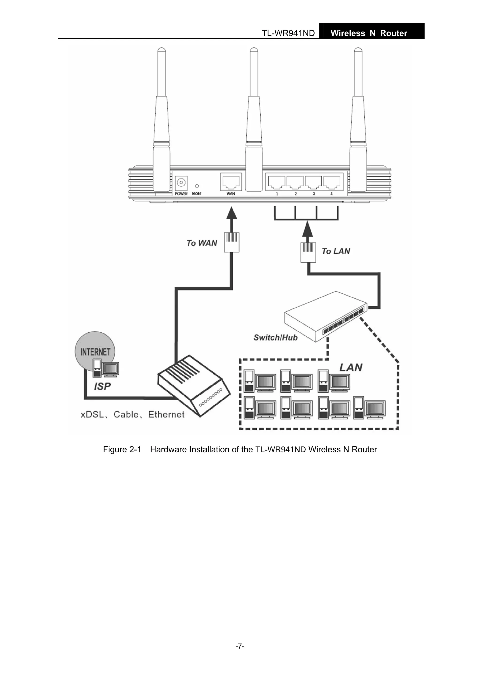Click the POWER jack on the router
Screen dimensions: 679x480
(181, 183)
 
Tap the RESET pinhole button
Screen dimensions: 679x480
(197, 186)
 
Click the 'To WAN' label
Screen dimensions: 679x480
(202, 243)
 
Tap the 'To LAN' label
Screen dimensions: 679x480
(336, 251)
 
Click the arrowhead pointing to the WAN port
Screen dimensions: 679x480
(231, 213)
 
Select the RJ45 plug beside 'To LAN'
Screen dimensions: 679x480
(308, 252)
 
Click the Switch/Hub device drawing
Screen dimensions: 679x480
(325, 316)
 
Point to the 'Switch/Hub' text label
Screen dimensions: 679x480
(275, 338)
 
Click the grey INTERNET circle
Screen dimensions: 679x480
(95, 350)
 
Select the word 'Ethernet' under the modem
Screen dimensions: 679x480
(166, 415)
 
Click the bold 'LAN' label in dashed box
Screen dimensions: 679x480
(351, 368)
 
